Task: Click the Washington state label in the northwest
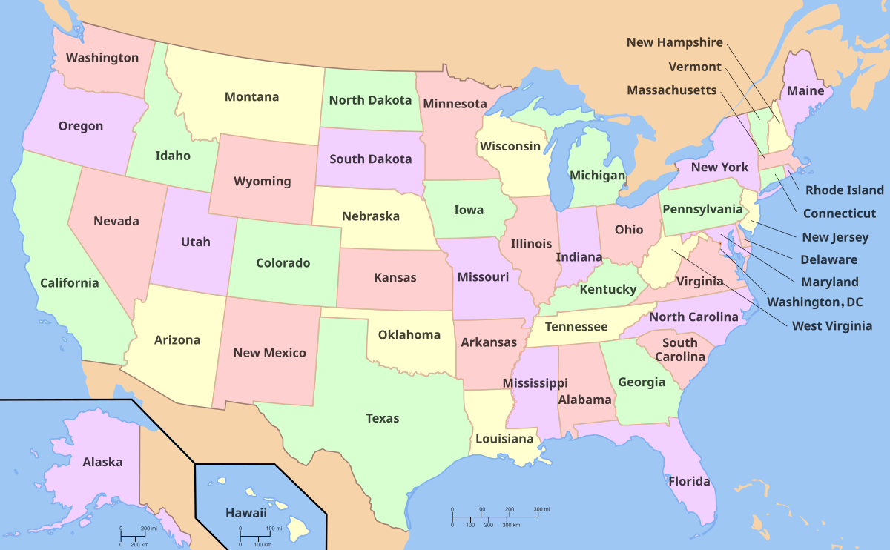(102, 58)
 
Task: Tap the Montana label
(251, 97)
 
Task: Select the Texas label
(382, 419)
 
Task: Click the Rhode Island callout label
(845, 190)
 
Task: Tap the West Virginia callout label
(831, 326)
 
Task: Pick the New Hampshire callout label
(674, 43)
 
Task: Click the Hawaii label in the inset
(245, 512)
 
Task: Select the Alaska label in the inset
(102, 463)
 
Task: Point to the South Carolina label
(680, 350)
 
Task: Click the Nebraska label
(371, 217)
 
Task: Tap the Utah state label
(196, 242)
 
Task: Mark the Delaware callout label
(828, 260)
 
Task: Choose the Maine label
(805, 91)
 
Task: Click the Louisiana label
(504, 439)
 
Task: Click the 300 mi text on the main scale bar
(541, 510)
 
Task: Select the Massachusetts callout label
(672, 90)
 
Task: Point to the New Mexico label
(269, 353)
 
